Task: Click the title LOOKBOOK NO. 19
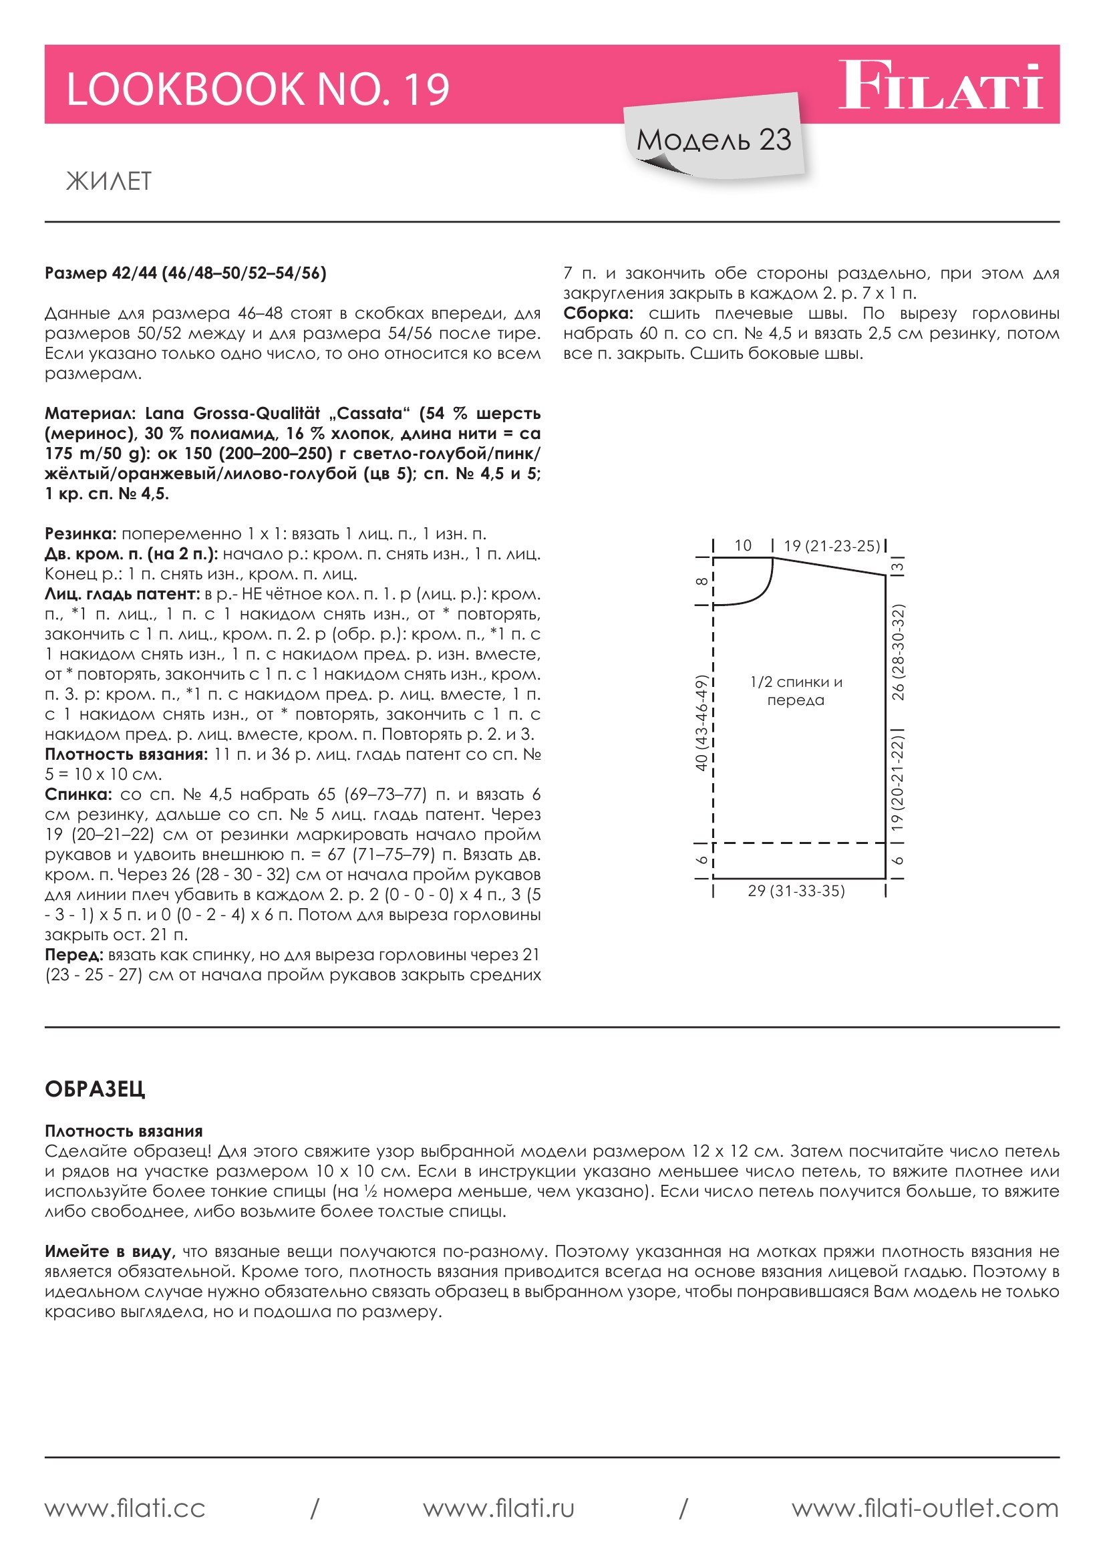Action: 258,89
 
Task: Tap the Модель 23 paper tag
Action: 714,140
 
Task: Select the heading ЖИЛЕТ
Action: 109,181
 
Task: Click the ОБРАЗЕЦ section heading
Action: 95,1089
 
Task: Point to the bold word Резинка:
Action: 81,534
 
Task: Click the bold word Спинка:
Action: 78,795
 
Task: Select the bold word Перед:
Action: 73,955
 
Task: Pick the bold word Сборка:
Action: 598,314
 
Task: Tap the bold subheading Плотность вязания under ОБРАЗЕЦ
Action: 124,1131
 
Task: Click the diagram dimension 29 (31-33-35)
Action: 796,891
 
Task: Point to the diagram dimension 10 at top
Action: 743,546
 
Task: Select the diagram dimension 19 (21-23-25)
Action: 832,546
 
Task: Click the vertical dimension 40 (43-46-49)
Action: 701,723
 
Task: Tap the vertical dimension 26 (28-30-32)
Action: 898,652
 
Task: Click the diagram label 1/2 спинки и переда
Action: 796,691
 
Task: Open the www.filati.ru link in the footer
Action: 499,1509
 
